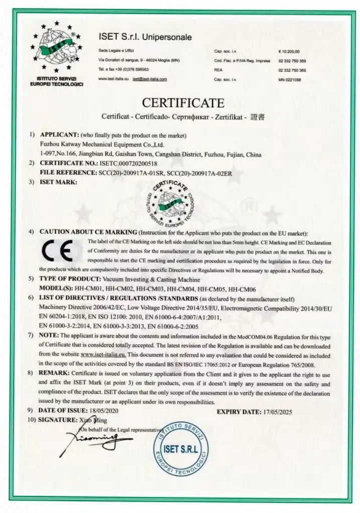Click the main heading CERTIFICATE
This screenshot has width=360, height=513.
tap(183, 103)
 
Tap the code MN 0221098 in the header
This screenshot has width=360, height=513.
tap(289, 79)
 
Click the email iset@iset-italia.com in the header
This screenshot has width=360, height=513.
tap(150, 79)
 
